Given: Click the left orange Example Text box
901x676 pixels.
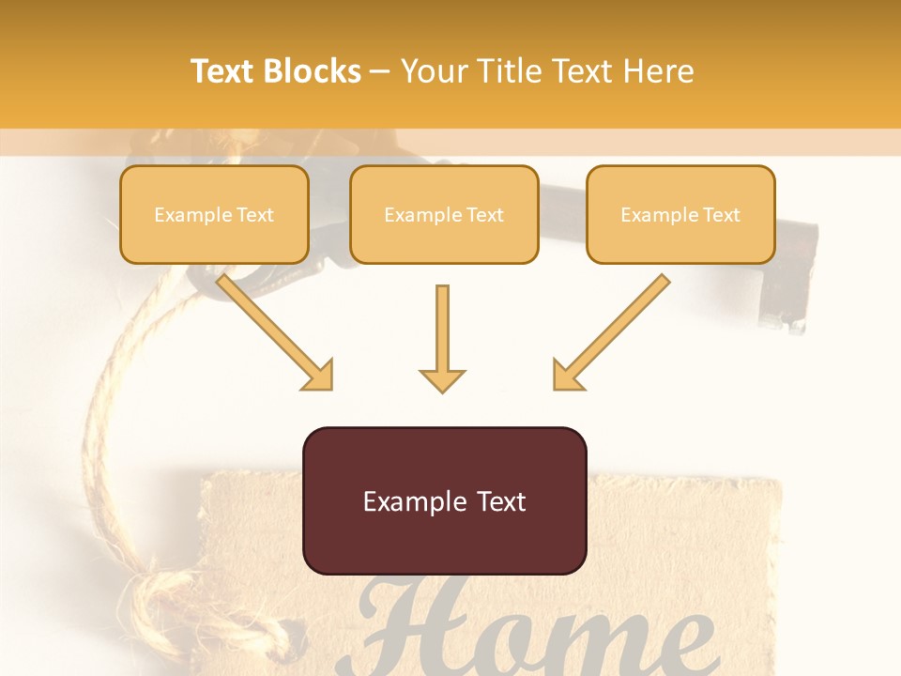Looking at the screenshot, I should (x=214, y=215).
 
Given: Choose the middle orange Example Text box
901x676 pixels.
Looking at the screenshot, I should (x=444, y=215).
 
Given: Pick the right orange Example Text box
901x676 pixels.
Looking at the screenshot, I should (x=680, y=215).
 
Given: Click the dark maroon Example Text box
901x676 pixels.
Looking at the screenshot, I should (x=445, y=501).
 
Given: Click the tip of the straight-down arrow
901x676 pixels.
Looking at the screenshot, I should (x=442, y=390).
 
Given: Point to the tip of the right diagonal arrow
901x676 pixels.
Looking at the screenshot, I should (x=557, y=387).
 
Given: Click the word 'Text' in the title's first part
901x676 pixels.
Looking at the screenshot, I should (x=223, y=71).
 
